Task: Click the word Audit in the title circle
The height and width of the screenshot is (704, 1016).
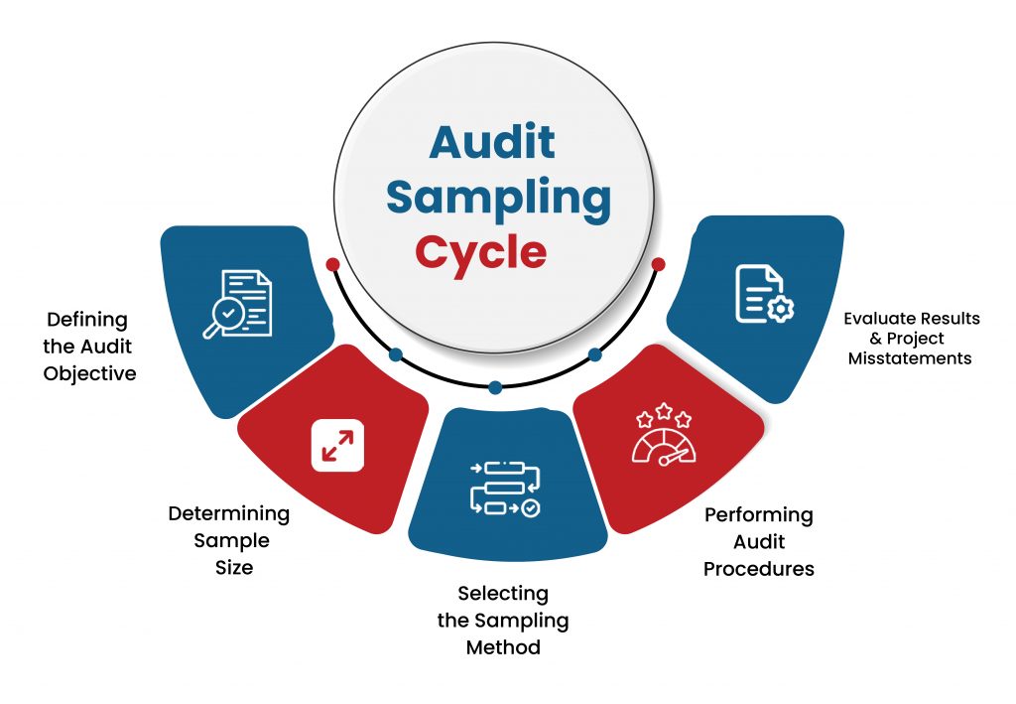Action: tap(492, 141)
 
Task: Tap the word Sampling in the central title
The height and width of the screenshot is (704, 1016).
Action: tap(498, 199)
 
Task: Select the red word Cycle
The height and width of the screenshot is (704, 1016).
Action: tap(481, 254)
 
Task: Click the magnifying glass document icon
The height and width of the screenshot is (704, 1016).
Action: tap(237, 304)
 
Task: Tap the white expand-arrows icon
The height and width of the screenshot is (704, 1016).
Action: tap(337, 446)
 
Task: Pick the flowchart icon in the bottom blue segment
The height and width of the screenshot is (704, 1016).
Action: tap(505, 489)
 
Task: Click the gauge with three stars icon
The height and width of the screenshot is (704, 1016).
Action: tap(664, 434)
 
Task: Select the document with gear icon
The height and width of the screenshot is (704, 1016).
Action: tap(764, 294)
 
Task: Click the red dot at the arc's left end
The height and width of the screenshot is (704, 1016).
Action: tap(333, 264)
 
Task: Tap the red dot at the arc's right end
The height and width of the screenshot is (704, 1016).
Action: tap(659, 264)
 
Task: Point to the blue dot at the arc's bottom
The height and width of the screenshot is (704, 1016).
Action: tap(495, 387)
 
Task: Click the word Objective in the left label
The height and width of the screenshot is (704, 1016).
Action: tap(89, 374)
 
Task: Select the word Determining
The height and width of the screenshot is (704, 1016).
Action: tap(229, 514)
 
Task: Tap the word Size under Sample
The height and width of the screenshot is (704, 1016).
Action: tap(234, 568)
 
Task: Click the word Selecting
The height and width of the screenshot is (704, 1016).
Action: tap(503, 594)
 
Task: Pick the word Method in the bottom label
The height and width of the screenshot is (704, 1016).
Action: tap(503, 647)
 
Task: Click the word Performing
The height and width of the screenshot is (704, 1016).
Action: tap(759, 515)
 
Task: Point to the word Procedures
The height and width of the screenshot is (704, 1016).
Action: tap(759, 569)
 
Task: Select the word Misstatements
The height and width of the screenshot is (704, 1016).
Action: tap(910, 358)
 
